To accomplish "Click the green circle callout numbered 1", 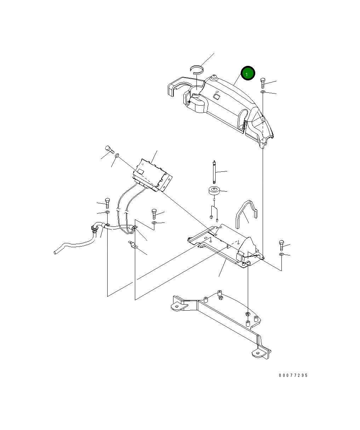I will [x=248, y=73].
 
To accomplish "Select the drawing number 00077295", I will [x=293, y=375].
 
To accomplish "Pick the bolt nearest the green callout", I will [x=263, y=83].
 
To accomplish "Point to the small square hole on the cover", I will [x=217, y=96].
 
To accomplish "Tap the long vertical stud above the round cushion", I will [x=214, y=172].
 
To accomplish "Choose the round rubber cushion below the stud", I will [x=214, y=192].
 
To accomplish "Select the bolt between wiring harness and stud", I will [x=154, y=214].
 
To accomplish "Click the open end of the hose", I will [x=56, y=252].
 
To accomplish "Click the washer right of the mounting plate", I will [x=281, y=254].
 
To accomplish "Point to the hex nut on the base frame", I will [x=248, y=314].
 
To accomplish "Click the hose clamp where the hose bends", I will [x=95, y=227].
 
